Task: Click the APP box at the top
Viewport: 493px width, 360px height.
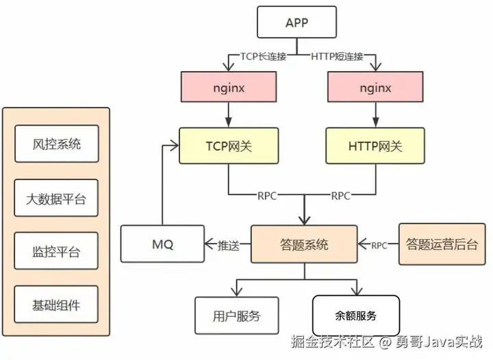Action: tap(296, 23)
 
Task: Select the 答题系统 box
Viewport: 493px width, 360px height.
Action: tap(304, 244)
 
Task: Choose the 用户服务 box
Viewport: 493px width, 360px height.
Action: tap(236, 316)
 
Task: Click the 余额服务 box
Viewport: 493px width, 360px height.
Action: tap(356, 316)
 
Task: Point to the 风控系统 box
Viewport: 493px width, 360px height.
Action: tap(57, 144)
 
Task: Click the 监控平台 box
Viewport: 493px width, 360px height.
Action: tap(57, 251)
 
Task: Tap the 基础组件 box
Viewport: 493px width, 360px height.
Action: tap(57, 305)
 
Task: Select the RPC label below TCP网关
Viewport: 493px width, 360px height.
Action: tap(266, 196)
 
